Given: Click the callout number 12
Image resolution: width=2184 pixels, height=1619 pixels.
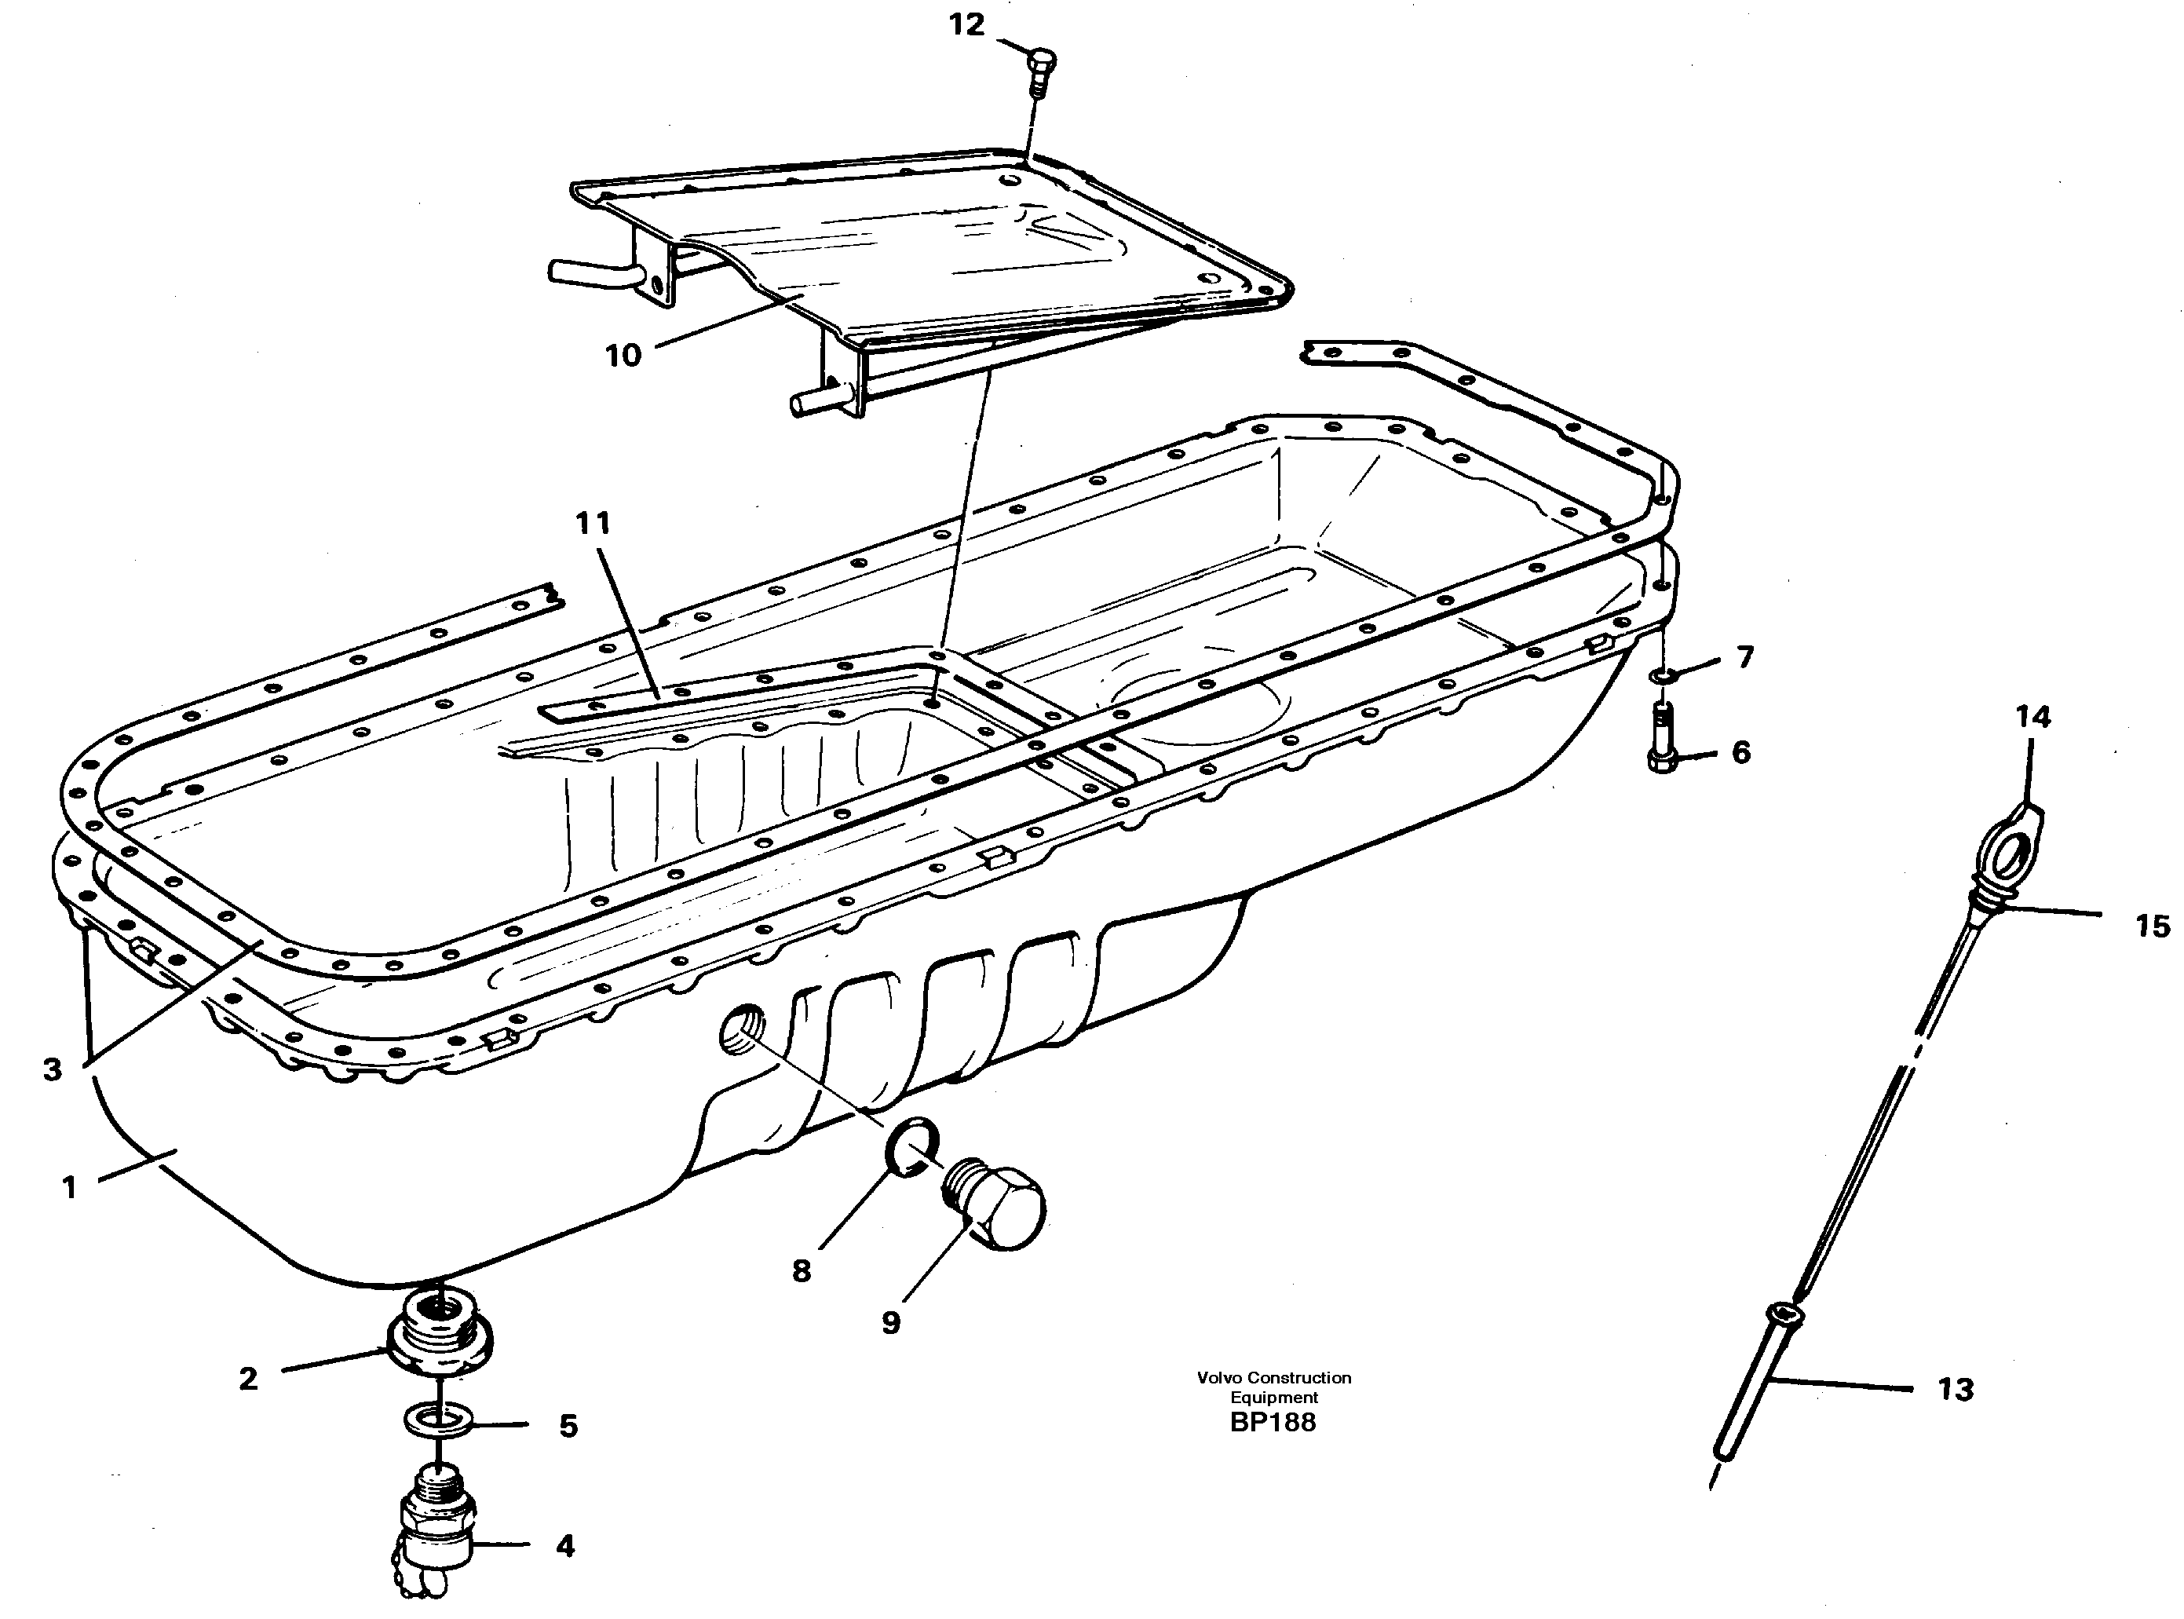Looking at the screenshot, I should (966, 25).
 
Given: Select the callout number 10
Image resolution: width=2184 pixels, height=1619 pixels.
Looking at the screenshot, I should (623, 356).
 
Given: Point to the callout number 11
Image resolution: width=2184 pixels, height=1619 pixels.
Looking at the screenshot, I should (592, 524).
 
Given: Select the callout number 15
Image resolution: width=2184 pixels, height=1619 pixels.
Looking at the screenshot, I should (2152, 925).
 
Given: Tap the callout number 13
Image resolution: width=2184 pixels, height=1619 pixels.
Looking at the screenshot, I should (1955, 1389).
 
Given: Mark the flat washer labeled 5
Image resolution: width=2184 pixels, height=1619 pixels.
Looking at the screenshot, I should (438, 1417).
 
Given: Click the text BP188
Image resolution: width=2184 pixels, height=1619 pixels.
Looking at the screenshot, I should (1273, 1422).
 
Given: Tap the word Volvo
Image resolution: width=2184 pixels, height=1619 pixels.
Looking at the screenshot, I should (1220, 1377).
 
